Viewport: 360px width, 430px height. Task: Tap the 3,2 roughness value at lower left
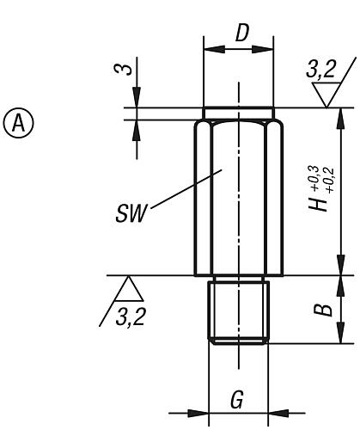coord(129,318)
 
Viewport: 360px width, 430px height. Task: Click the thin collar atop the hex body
coord(239,114)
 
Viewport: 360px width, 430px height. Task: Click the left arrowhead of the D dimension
coord(208,49)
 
